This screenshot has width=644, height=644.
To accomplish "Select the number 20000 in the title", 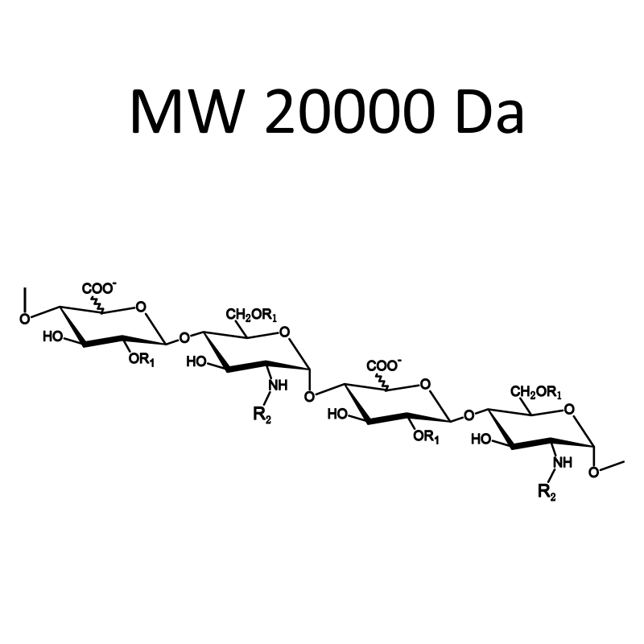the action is pos(350,111).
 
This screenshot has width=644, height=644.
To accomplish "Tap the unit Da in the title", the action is pos(490,111).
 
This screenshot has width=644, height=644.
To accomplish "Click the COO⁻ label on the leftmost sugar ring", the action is pos(99,288).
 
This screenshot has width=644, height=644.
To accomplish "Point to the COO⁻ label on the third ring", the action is pos(384,365).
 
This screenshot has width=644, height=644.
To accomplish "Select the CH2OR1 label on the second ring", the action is pos(251,316).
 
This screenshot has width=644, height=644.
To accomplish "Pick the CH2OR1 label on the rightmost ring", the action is pos(536,392).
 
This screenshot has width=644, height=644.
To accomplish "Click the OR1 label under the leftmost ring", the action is pos(142,359).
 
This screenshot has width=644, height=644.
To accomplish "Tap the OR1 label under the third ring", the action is pos(427,436).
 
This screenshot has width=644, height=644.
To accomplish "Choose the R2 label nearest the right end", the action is pos(547,492).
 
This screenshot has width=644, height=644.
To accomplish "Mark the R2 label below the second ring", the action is pos(262,415).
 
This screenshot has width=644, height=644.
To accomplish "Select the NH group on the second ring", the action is pos(278,386).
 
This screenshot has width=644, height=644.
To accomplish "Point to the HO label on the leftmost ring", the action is pos(52,337).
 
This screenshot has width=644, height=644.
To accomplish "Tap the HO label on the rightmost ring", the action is pos(481,440).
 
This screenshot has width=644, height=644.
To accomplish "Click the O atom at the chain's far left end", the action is pos(25,319).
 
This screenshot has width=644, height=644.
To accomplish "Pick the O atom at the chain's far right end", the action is pos(593,473).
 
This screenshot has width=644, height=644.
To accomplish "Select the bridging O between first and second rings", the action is pos(184,338).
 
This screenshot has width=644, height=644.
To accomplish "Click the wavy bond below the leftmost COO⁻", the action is pos(98,304).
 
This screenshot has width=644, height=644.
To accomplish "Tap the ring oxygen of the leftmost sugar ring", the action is pos(141,307).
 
